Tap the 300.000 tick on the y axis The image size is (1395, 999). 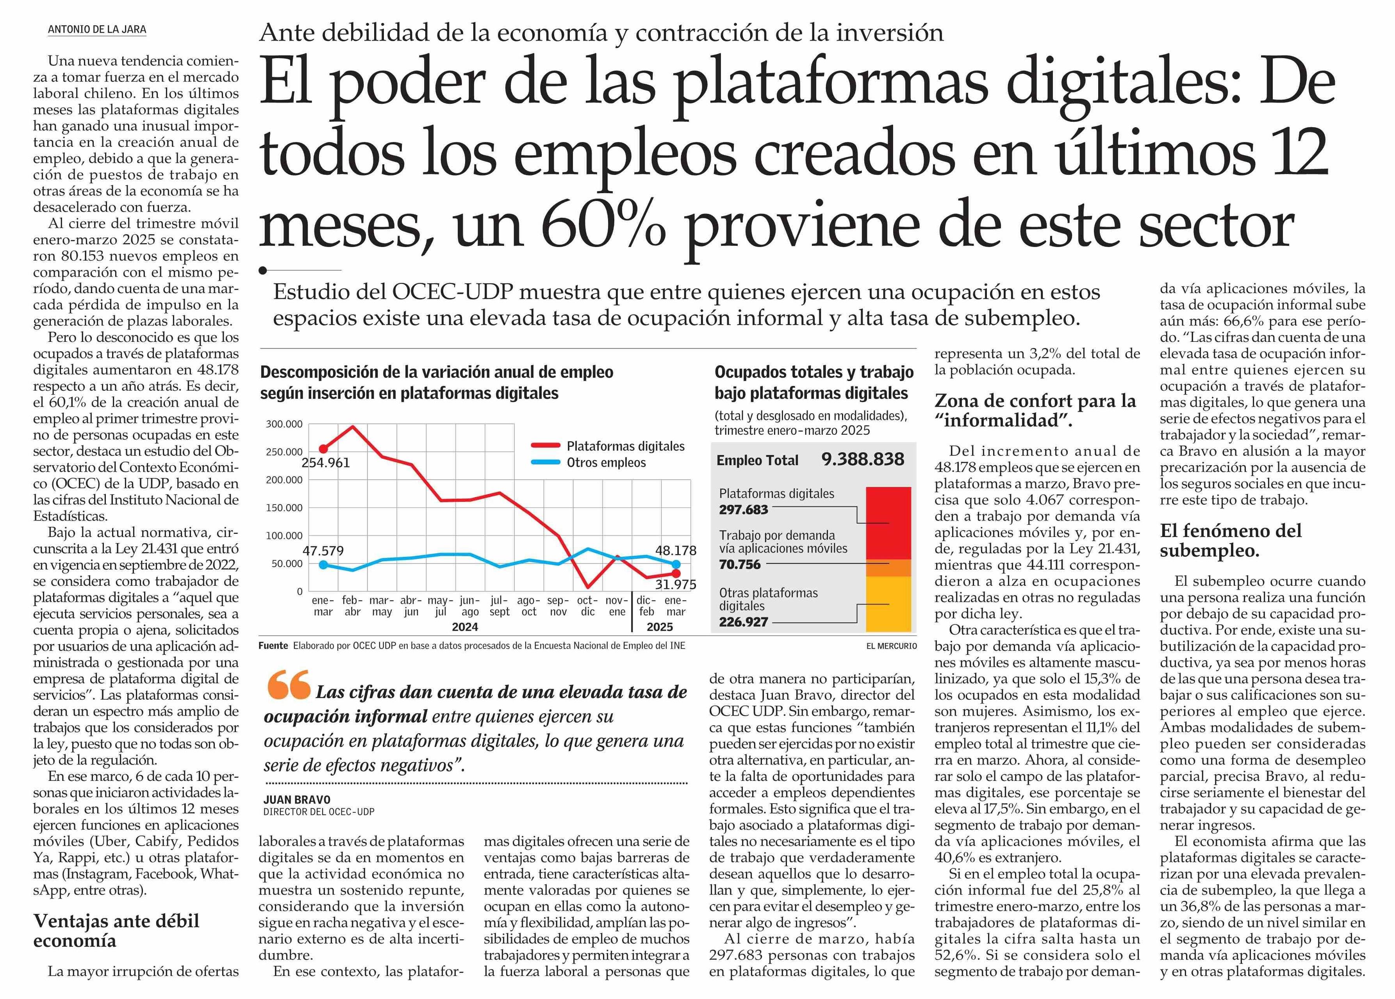coord(284,424)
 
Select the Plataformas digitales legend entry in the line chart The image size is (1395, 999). coord(625,446)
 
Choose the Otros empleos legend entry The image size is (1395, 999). coord(606,463)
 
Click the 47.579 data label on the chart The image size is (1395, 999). coord(323,551)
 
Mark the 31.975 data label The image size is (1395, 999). coord(675,585)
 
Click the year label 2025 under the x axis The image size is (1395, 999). coord(659,627)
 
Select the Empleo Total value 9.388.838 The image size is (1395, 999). coord(862,459)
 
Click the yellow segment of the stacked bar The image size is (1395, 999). coord(888,604)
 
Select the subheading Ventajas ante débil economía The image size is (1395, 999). coord(116,930)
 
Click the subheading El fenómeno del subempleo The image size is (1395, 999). coord(1230,540)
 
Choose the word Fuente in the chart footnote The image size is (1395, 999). coord(273,645)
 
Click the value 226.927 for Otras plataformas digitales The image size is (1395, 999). coord(743,622)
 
